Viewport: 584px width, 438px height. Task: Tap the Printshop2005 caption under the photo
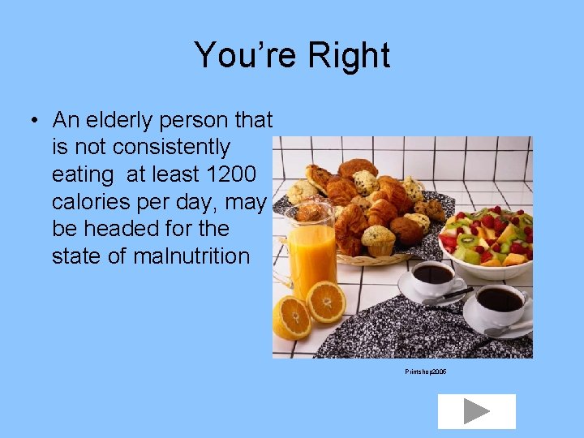click(x=426, y=371)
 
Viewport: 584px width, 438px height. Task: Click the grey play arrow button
click(x=476, y=411)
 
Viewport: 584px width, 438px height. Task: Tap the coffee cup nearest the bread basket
click(x=432, y=279)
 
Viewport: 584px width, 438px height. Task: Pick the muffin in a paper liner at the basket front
click(x=377, y=241)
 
